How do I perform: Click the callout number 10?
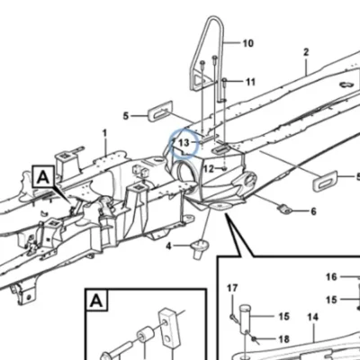[248, 43]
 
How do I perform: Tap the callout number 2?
[306, 52]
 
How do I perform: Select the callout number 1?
[104, 133]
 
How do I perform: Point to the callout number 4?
[168, 247]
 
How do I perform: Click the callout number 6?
[313, 211]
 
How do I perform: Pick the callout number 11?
[250, 82]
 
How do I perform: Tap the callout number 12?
[209, 169]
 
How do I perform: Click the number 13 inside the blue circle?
[184, 143]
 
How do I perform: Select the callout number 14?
[312, 317]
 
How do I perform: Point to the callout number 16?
[331, 276]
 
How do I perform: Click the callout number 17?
[232, 288]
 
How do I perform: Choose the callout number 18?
[283, 339]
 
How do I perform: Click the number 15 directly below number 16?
[331, 300]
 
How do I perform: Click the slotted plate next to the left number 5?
[160, 111]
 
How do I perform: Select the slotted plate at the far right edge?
[325, 181]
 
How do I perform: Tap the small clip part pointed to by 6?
[285, 209]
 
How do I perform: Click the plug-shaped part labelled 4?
[199, 248]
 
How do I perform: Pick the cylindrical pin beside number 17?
[246, 319]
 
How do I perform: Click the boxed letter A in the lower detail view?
[96, 301]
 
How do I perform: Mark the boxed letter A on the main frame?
[44, 177]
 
